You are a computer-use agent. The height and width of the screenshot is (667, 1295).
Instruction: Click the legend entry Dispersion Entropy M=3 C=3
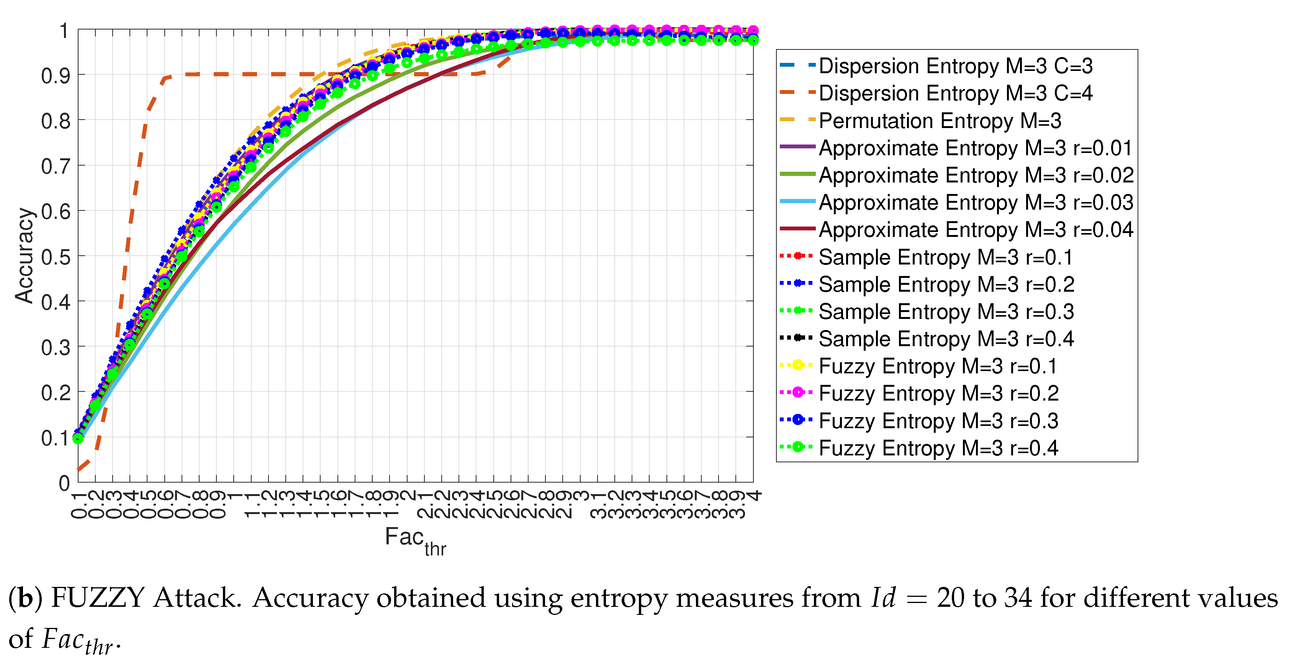pos(955,66)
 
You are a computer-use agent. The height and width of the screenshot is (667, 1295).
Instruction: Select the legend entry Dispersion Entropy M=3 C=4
pos(955,93)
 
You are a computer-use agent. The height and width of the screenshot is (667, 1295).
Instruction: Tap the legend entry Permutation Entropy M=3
pos(940,121)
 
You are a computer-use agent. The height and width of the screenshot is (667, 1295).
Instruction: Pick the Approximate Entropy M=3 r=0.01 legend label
pos(975,148)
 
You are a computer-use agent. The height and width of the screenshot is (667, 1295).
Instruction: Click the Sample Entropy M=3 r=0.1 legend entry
pos(945,257)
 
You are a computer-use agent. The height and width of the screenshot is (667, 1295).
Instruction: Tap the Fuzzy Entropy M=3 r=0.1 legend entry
pos(938,366)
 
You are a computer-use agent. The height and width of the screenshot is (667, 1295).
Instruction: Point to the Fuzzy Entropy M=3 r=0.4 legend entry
pos(938,448)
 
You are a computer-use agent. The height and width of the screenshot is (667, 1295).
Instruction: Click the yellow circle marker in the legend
pos(797,365)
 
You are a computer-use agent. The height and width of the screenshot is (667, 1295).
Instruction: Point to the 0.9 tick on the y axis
pos(55,76)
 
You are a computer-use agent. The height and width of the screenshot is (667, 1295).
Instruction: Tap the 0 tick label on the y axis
pos(64,483)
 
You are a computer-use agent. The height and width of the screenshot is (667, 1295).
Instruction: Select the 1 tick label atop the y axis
pos(64,31)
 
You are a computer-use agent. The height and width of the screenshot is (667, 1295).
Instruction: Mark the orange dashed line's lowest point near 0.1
pos(79,469)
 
